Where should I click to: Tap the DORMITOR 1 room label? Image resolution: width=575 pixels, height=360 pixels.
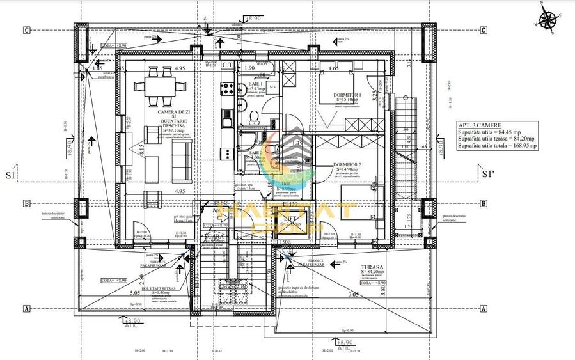pyautogui.click(x=347, y=95)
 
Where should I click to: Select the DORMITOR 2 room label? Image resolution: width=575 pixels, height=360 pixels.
pyautogui.click(x=347, y=165)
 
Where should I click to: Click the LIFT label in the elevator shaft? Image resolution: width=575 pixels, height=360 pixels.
pyautogui.click(x=290, y=219)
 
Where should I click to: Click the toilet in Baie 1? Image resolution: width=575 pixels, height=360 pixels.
pyautogui.click(x=255, y=115)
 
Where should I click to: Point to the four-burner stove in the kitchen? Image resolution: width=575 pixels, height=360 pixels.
pyautogui.click(x=227, y=88)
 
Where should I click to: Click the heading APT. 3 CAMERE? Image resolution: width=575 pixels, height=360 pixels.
pyautogui.click(x=480, y=126)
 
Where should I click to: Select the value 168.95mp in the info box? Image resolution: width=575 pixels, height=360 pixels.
pyautogui.click(x=523, y=146)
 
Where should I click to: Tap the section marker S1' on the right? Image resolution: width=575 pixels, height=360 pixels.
pyautogui.click(x=488, y=173)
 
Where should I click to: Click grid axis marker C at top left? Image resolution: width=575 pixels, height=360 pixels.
pyautogui.click(x=26, y=30)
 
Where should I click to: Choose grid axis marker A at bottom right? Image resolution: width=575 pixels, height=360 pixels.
pyautogui.click(x=484, y=308)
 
